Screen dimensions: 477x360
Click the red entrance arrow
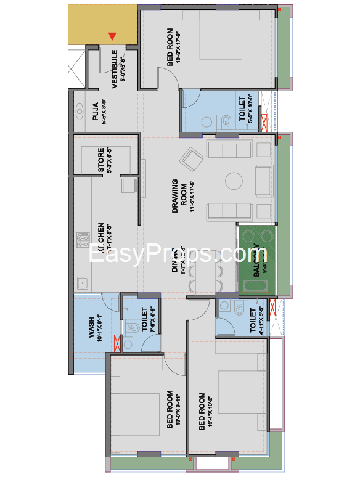[x=112, y=37]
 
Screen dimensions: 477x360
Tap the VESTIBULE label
[x=115, y=68]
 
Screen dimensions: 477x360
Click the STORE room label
[x=101, y=160]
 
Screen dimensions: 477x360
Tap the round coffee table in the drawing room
[x=234, y=181]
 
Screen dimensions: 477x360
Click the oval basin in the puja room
[x=80, y=112]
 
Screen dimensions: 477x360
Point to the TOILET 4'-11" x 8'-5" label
[x=253, y=320]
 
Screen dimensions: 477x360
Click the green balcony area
[x=256, y=261]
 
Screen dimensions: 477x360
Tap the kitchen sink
[x=81, y=283]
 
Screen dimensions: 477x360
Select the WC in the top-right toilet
[x=226, y=119]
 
